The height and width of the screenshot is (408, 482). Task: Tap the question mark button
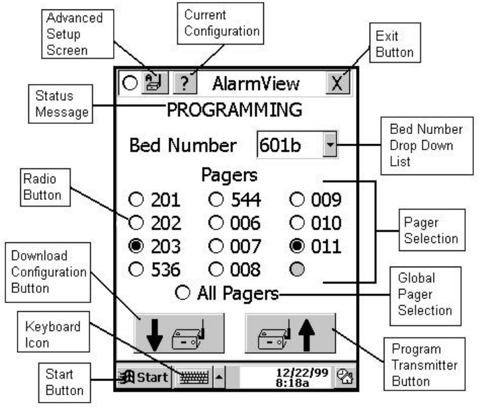(x=183, y=84)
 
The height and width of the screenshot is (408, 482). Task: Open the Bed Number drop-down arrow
(x=329, y=146)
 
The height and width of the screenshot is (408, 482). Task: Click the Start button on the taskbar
(x=143, y=376)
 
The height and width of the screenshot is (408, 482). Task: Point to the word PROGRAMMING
(x=234, y=110)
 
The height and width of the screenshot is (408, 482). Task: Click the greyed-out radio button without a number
(x=296, y=269)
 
